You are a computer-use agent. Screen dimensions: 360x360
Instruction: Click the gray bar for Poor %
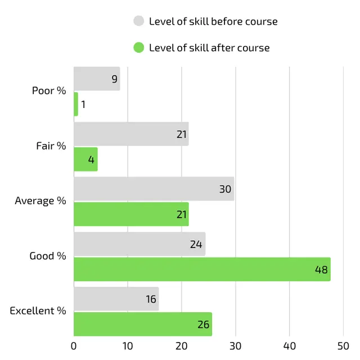(97, 79)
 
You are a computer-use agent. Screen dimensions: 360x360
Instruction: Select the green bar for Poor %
(76, 104)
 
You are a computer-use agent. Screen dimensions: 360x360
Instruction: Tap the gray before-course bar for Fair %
(131, 134)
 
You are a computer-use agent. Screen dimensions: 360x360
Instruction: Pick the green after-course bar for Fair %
(85, 159)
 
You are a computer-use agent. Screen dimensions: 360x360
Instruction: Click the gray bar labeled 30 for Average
(154, 189)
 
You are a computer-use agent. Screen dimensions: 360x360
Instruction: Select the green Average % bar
(131, 214)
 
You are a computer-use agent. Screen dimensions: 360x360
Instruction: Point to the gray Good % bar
(139, 244)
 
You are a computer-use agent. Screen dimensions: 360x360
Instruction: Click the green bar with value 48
(202, 269)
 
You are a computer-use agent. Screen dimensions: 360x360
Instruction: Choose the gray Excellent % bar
(116, 299)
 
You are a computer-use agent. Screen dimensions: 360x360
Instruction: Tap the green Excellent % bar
(143, 324)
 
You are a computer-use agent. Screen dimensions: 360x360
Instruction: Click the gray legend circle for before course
(139, 21)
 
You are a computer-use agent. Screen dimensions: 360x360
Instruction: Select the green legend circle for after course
(139, 48)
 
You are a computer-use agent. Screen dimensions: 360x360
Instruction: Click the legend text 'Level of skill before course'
(213, 21)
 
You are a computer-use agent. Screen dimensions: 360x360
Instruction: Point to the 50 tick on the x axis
(343, 346)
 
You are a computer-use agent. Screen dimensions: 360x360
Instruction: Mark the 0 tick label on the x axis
(74, 346)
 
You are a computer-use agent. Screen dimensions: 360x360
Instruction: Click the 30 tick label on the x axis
(236, 346)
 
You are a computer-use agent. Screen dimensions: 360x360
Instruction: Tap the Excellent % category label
(38, 310)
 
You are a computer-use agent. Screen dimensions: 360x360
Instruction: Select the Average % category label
(40, 201)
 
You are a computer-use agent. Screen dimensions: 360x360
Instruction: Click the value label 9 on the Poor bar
(114, 79)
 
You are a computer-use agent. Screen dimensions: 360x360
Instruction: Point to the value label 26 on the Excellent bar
(203, 325)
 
